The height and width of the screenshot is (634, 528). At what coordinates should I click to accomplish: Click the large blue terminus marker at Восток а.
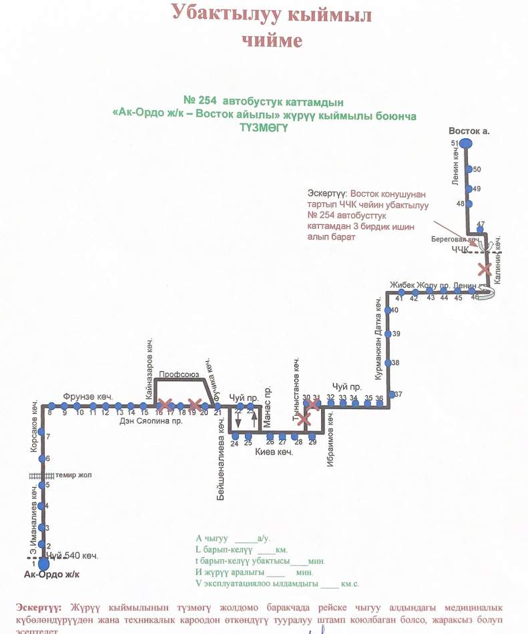466,143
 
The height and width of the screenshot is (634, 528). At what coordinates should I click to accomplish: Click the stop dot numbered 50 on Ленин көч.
469,170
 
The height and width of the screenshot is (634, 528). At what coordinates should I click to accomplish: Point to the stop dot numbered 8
51,406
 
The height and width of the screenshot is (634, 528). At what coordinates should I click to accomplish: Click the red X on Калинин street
485,269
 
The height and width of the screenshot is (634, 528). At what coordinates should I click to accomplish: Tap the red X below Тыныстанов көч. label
304,419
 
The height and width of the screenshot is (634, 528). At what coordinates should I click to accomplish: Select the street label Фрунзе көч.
87,396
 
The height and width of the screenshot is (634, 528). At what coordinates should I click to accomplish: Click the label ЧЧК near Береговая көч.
460,250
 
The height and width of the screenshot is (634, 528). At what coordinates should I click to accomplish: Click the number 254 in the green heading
208,101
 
